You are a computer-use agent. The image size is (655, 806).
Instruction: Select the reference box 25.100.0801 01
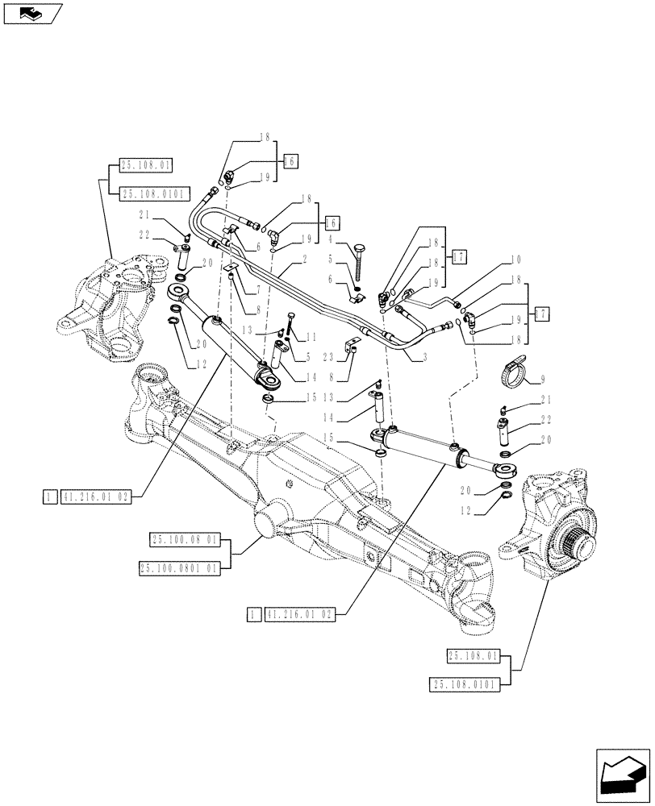(180, 568)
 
